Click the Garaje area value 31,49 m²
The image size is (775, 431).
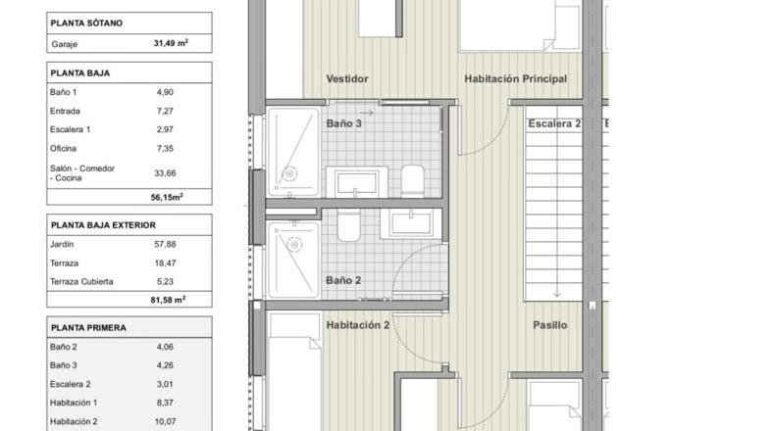tap(171, 43)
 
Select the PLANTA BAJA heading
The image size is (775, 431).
tap(80, 73)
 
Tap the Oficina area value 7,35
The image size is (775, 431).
tap(165, 148)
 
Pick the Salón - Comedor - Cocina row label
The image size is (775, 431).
tap(82, 172)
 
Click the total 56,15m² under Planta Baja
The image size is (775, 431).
tap(167, 197)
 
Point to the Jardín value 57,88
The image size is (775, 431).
tap(165, 244)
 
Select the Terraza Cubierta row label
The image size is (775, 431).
tap(81, 281)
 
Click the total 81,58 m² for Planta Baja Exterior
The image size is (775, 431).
tap(168, 299)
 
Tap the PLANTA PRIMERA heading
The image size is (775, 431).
tap(88, 328)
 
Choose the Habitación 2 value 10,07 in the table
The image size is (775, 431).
tap(165, 421)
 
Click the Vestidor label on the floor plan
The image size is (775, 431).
tap(347, 78)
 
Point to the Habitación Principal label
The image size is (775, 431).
tap(515, 78)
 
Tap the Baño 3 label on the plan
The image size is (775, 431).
tap(343, 123)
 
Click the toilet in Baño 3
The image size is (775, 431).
tap(413, 180)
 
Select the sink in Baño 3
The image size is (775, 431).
tap(356, 182)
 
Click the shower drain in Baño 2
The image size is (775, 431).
tap(294, 244)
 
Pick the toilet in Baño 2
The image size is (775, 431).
tap(349, 225)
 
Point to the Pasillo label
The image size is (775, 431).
tap(550, 325)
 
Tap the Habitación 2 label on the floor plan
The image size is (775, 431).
tap(358, 325)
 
